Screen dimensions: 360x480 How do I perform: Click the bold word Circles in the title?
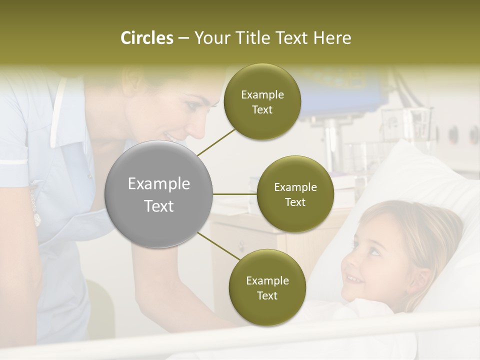click(x=146, y=38)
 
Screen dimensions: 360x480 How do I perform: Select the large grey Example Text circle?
click(x=159, y=194)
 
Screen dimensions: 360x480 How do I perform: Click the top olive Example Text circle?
click(x=262, y=102)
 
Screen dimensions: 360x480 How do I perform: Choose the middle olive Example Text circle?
click(x=295, y=194)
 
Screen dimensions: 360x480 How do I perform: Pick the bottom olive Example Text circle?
click(x=267, y=287)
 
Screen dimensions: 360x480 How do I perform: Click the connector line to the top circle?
click(x=216, y=142)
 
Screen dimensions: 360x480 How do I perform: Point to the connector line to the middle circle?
click(x=235, y=194)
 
